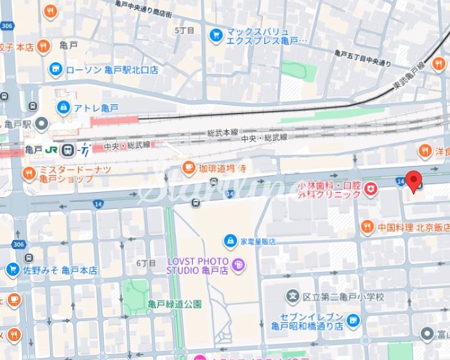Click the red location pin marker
pos(414,182)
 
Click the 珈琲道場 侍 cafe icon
pos(189,168)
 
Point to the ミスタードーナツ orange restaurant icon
pos(29,173)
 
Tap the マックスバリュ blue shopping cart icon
pos(216,34)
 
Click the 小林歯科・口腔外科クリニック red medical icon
pos(371,189)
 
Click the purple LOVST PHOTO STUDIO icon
pos(238,264)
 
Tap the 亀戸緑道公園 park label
pos(175,304)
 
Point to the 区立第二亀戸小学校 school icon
pos(293,296)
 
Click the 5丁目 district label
pos(184,30)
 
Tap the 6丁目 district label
pos(147,263)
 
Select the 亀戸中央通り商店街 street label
pos(144,8)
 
